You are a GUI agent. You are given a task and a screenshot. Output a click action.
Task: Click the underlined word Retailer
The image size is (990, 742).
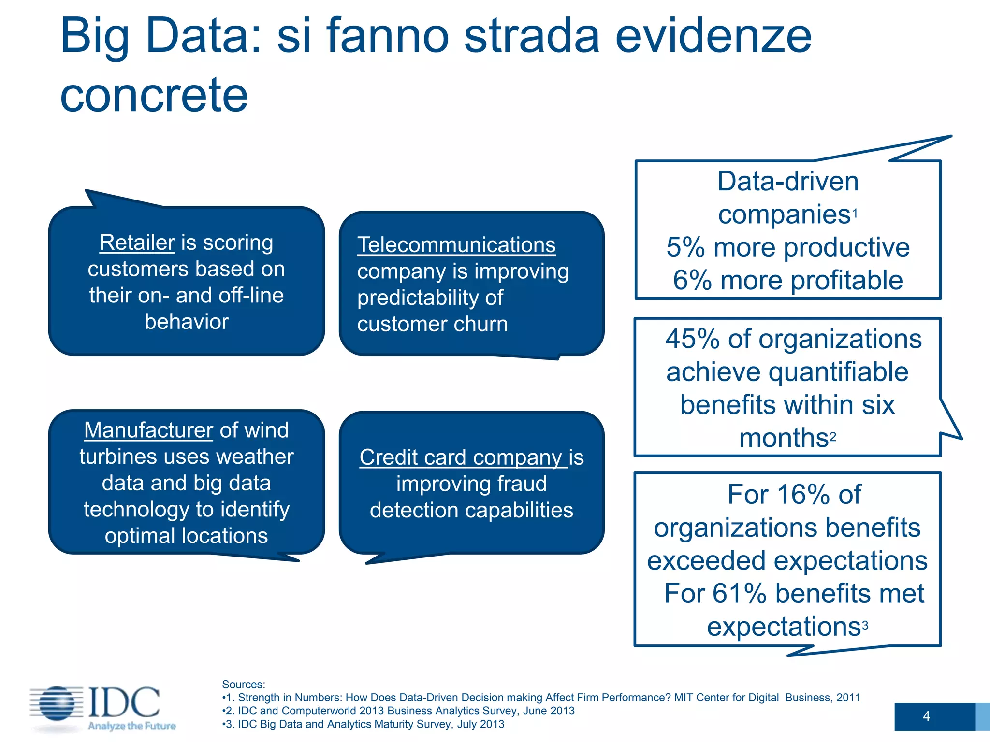point(137,243)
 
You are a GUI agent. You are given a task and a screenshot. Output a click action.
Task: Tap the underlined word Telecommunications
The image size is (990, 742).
point(456,245)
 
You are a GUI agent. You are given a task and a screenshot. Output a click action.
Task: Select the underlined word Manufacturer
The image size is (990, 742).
point(148,430)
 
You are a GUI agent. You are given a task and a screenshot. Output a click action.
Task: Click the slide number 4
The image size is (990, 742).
point(926,716)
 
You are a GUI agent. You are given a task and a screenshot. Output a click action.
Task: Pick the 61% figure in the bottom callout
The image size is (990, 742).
point(739,594)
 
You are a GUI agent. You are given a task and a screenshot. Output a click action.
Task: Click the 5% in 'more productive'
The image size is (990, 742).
point(685,248)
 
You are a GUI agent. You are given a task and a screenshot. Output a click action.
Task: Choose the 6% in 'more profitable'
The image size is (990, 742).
point(692,281)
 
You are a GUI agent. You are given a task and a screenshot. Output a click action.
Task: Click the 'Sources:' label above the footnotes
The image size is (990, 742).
point(244,685)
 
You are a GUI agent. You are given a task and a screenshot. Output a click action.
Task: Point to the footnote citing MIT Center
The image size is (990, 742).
point(541,698)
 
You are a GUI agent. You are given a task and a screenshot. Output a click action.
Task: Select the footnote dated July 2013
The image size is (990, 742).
point(365,724)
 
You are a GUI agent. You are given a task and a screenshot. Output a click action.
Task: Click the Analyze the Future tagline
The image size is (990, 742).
point(131,726)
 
